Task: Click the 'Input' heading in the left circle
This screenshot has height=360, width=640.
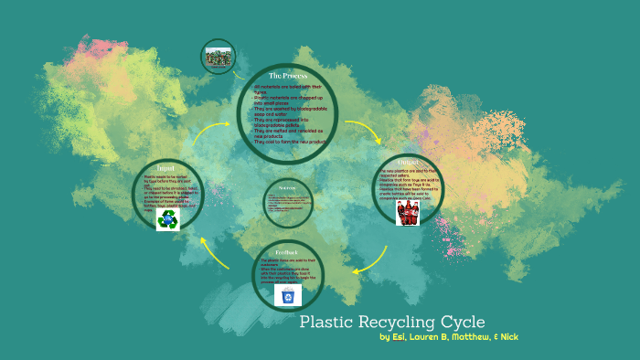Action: tap(165, 169)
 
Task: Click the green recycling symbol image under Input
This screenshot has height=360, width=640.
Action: tap(167, 219)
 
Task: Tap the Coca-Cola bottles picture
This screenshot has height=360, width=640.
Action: tap(408, 213)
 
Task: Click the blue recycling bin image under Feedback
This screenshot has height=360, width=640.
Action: tap(289, 294)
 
